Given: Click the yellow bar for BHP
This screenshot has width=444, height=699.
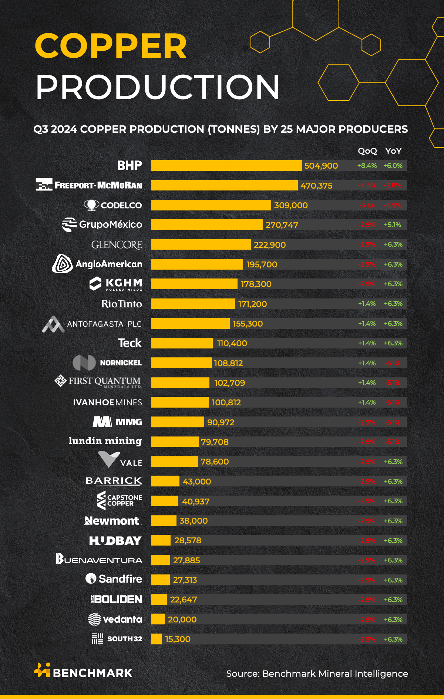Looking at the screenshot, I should point(226,166).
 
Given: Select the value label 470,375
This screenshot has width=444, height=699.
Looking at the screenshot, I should point(316,186).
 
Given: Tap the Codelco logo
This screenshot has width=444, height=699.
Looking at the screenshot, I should point(113,205).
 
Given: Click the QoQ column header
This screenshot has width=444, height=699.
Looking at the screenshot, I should point(367,151).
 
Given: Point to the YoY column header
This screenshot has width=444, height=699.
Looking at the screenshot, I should point(393,151).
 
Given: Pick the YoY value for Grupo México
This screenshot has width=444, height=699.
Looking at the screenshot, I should point(393,225).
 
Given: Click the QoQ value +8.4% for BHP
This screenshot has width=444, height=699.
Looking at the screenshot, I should point(367,166).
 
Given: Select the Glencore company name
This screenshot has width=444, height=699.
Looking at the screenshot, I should point(117,245).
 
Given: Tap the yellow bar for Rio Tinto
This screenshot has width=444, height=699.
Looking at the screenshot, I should point(193,304).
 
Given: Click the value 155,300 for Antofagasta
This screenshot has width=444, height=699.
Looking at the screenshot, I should point(248,324).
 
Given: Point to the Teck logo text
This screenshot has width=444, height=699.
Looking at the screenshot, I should point(130,343).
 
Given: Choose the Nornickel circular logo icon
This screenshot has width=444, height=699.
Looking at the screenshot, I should point(84,363).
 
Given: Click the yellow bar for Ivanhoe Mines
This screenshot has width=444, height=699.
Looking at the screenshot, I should point(180,402).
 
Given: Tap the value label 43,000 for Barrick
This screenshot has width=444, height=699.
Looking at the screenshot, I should point(196,482).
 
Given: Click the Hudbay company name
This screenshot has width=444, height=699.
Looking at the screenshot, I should point(115,541).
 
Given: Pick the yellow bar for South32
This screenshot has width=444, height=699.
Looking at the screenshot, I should point(157,639).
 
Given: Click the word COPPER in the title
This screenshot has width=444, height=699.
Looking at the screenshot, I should point(111,46).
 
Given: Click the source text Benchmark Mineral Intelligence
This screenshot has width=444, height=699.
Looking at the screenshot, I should point(317,674).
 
